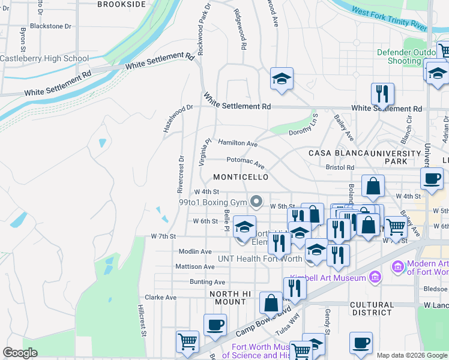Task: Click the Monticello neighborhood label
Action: tap(241, 178)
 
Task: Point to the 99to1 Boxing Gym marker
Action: tap(257, 201)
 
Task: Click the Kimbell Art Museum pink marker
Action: tap(375, 277)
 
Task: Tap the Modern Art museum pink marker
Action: tap(397, 266)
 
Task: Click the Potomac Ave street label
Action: tap(246, 162)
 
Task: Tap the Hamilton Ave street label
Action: tap(238, 143)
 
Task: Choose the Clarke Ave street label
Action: tap(161, 297)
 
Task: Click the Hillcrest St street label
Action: tap(142, 322)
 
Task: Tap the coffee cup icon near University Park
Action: tap(432, 178)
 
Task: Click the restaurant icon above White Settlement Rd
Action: tap(382, 94)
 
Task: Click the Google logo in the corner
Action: tap(20, 353)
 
